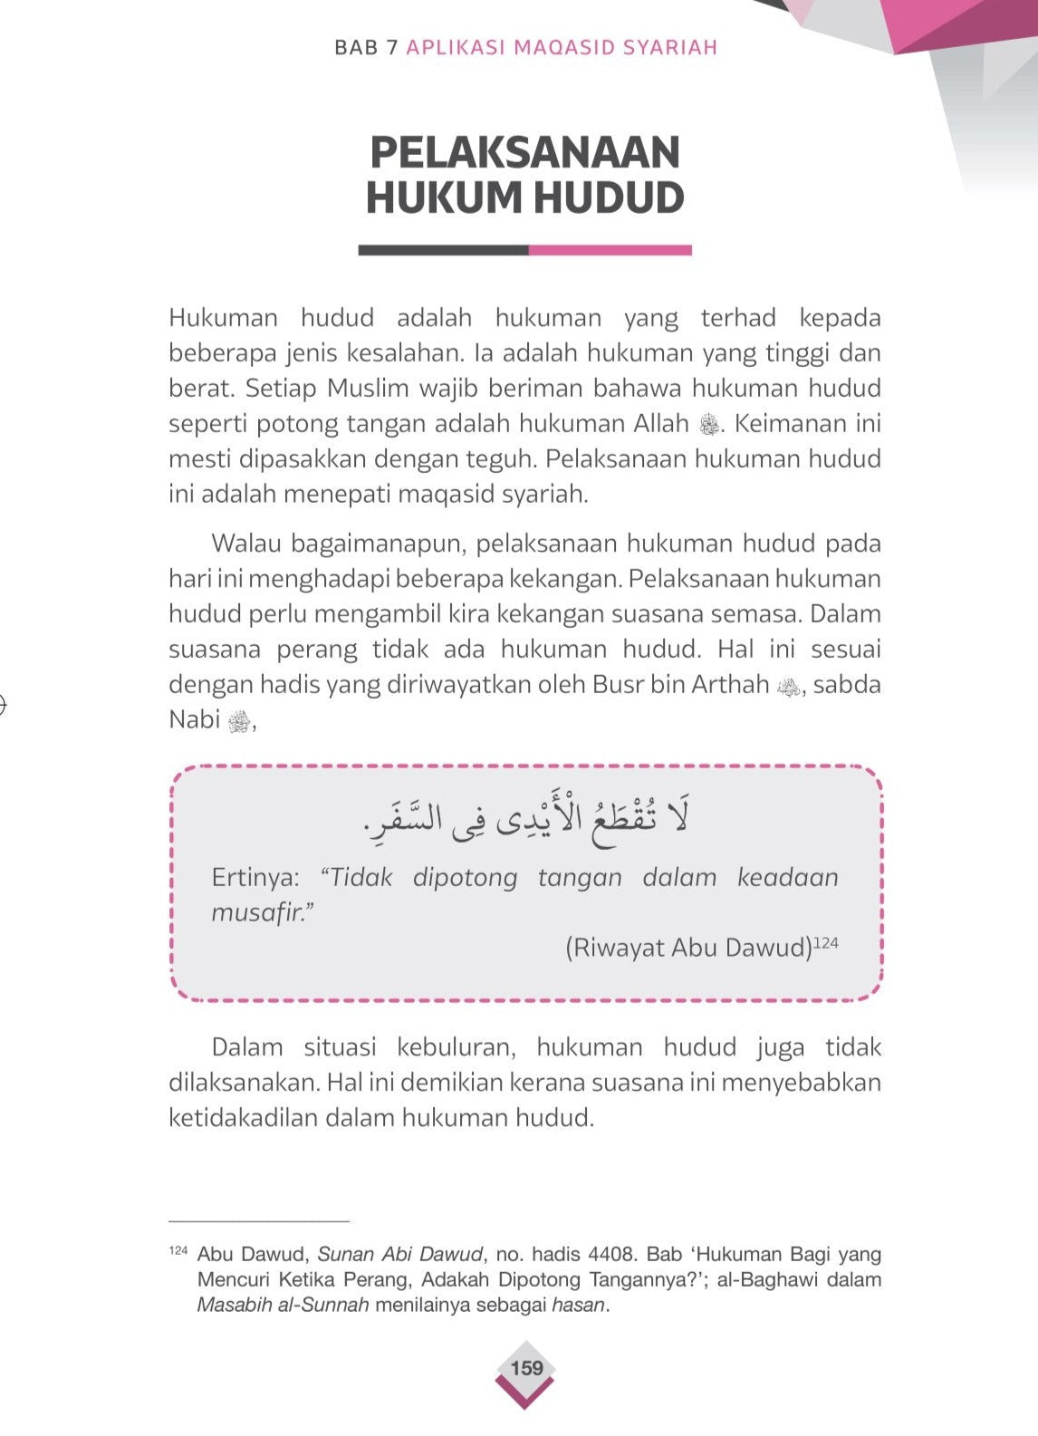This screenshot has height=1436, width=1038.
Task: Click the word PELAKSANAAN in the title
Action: coord(524,152)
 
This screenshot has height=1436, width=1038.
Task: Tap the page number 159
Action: coord(526,1368)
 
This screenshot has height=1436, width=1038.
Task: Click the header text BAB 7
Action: coord(366,47)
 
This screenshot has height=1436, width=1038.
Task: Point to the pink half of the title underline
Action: coord(610,250)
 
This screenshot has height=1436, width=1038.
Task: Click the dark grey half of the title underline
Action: coord(443,250)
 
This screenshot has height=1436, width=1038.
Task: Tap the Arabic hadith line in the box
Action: coord(525,818)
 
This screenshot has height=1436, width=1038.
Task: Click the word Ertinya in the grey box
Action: coord(255,877)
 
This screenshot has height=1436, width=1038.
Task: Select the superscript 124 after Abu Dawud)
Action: coord(826,943)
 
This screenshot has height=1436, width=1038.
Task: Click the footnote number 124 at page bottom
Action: coord(178,1251)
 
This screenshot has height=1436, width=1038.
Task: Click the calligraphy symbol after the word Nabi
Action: coord(239,721)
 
